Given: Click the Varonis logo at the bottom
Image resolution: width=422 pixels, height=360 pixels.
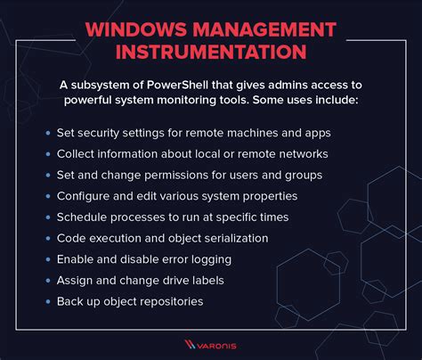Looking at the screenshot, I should coord(210,343).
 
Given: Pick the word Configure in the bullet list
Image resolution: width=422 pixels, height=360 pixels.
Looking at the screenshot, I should coord(84,196).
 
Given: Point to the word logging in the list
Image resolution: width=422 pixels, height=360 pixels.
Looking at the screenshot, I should coord(209,260).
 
